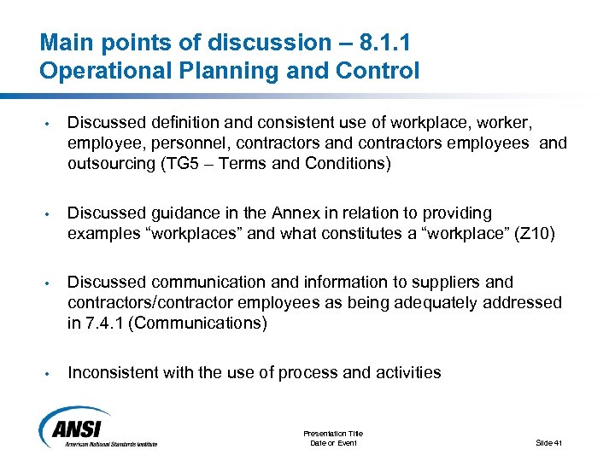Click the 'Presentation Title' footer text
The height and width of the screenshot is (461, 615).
(334, 434)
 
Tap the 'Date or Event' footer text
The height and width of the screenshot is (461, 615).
(334, 442)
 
